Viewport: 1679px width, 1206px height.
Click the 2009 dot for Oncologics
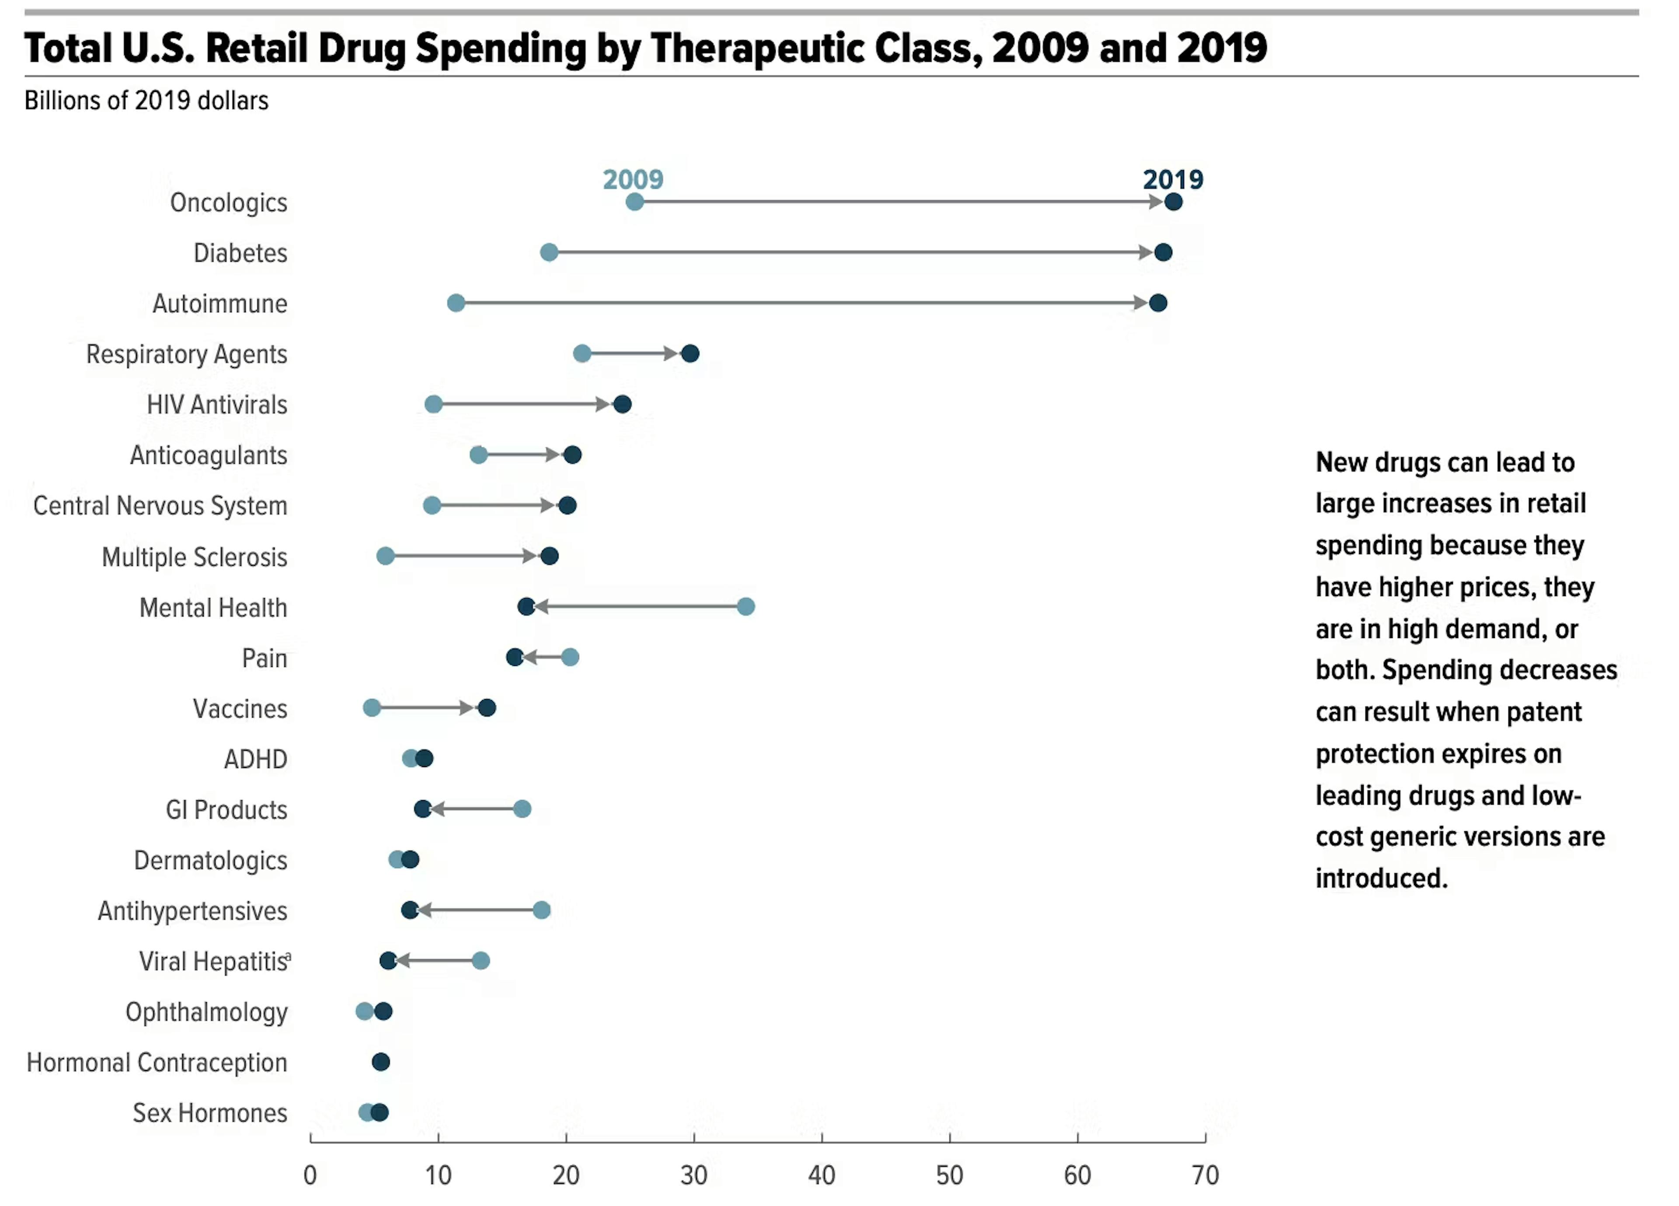(634, 202)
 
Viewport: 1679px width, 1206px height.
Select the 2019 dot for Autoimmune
(1158, 303)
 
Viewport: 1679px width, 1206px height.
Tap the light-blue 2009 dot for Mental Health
(745, 607)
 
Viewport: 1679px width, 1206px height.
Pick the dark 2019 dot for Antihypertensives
(409, 910)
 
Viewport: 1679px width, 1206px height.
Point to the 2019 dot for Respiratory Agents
(690, 354)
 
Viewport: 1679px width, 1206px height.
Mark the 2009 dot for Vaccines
(372, 708)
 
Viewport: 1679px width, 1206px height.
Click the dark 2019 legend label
(1173, 179)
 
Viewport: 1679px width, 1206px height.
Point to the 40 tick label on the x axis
(822, 1175)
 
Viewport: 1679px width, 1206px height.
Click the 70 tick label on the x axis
(1205, 1175)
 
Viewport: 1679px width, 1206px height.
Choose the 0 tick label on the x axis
(310, 1175)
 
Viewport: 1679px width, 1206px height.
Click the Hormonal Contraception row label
(157, 1063)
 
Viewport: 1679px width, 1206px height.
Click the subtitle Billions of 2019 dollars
(146, 101)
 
